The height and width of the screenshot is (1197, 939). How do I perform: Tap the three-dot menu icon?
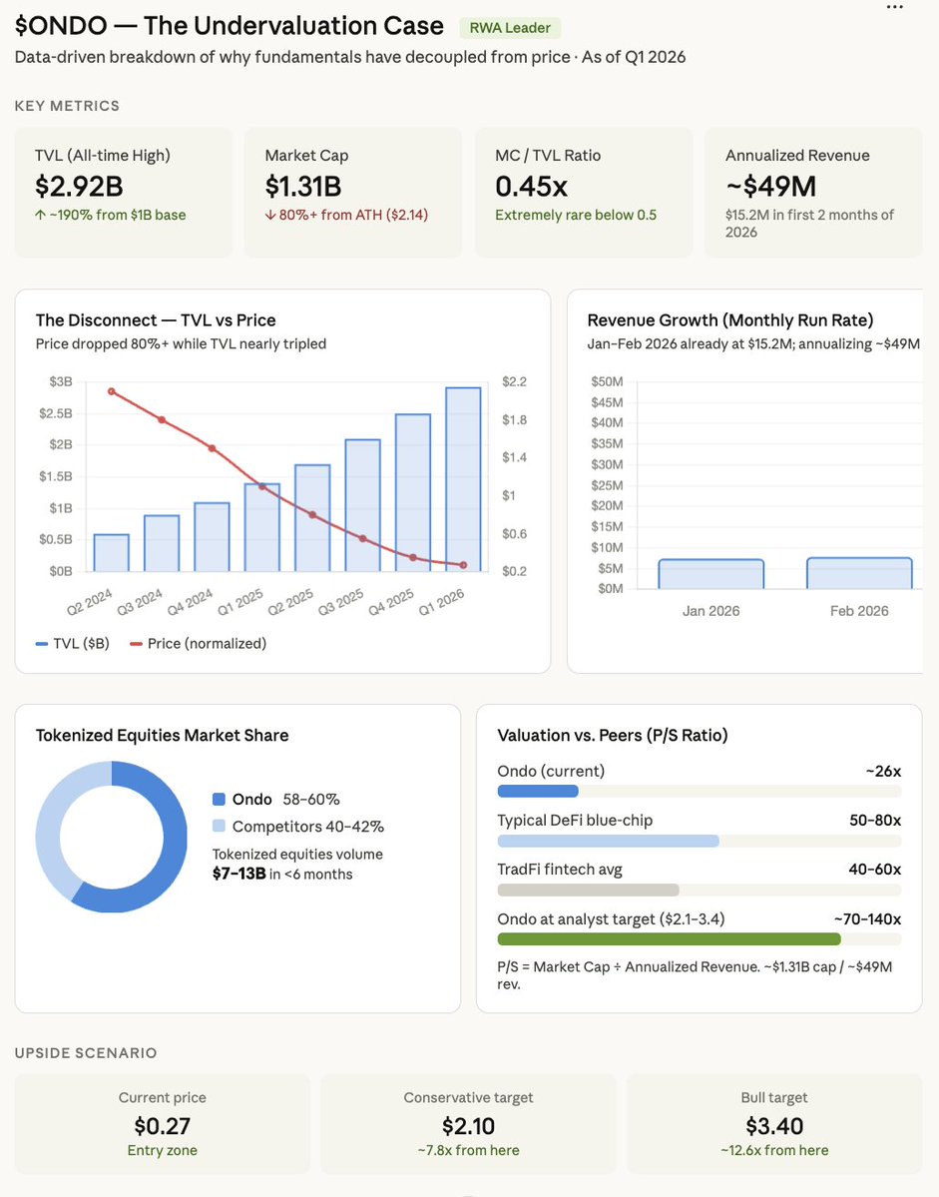tap(896, 7)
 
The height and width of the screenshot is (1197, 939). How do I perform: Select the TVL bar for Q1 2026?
tap(463, 479)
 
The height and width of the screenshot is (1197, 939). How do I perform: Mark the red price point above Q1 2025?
tap(262, 486)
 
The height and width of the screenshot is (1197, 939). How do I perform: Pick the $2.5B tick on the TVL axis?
tap(57, 413)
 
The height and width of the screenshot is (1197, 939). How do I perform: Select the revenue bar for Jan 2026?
tap(710, 574)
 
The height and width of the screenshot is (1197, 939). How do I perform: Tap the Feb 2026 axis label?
tap(859, 610)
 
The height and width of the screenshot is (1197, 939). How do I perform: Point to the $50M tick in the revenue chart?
tap(607, 382)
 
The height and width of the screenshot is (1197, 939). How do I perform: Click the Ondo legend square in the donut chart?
tap(220, 800)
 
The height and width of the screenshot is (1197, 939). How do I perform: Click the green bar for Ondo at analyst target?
tap(669, 939)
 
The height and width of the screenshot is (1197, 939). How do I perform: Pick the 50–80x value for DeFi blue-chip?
tap(869, 820)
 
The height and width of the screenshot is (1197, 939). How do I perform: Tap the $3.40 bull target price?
tap(774, 1126)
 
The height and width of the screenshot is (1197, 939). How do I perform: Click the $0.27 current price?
tap(163, 1126)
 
